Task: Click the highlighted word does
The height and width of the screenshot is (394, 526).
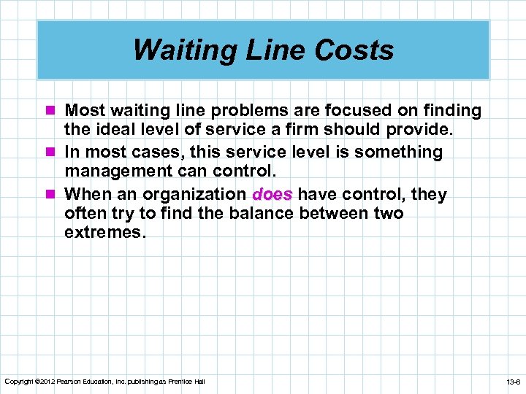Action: coord(272,194)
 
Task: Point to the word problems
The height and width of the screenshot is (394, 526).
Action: coord(214,111)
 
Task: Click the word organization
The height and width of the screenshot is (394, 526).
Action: coord(194,194)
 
